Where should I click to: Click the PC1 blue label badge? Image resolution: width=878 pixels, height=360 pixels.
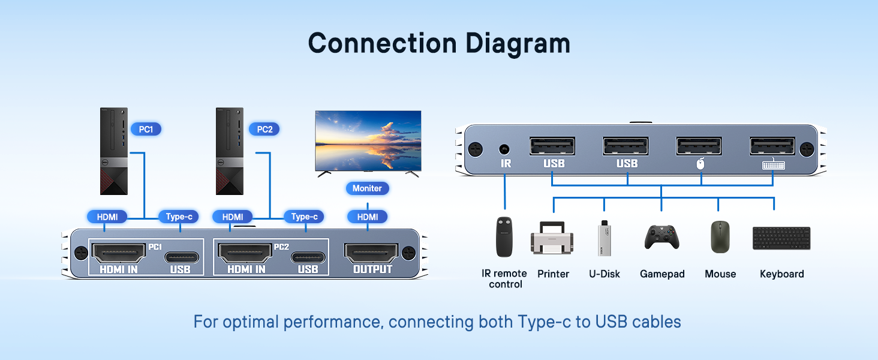146,129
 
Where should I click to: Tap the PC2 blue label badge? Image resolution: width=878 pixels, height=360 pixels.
264,129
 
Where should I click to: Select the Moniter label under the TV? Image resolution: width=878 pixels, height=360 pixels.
367,188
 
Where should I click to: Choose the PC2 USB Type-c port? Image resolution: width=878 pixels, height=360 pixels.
308,257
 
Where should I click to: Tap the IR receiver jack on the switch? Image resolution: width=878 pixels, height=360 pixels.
505,148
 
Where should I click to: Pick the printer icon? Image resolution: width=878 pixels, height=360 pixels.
552,238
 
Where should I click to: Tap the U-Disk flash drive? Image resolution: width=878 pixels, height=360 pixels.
604,238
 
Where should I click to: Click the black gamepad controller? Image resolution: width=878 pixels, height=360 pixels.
661,237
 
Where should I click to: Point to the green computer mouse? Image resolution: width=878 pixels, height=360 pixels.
720,237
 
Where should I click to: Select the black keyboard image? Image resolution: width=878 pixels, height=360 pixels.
781,238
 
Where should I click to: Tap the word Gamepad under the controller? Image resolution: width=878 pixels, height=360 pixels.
662,274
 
